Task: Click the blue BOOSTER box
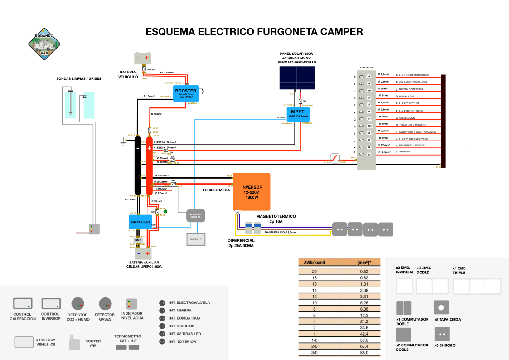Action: click(186, 93)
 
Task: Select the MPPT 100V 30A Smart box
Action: click(298, 113)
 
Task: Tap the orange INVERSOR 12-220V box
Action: click(251, 191)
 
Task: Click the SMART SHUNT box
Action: click(141, 222)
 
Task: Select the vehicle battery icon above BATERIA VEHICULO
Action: click(143, 58)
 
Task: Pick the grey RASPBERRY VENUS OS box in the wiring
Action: click(196, 216)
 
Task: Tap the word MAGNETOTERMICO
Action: click(276, 217)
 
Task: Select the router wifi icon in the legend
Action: click(74, 343)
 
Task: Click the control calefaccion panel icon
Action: click(23, 303)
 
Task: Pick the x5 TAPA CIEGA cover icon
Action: click(441, 308)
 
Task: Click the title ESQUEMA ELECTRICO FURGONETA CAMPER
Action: click(254, 32)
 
